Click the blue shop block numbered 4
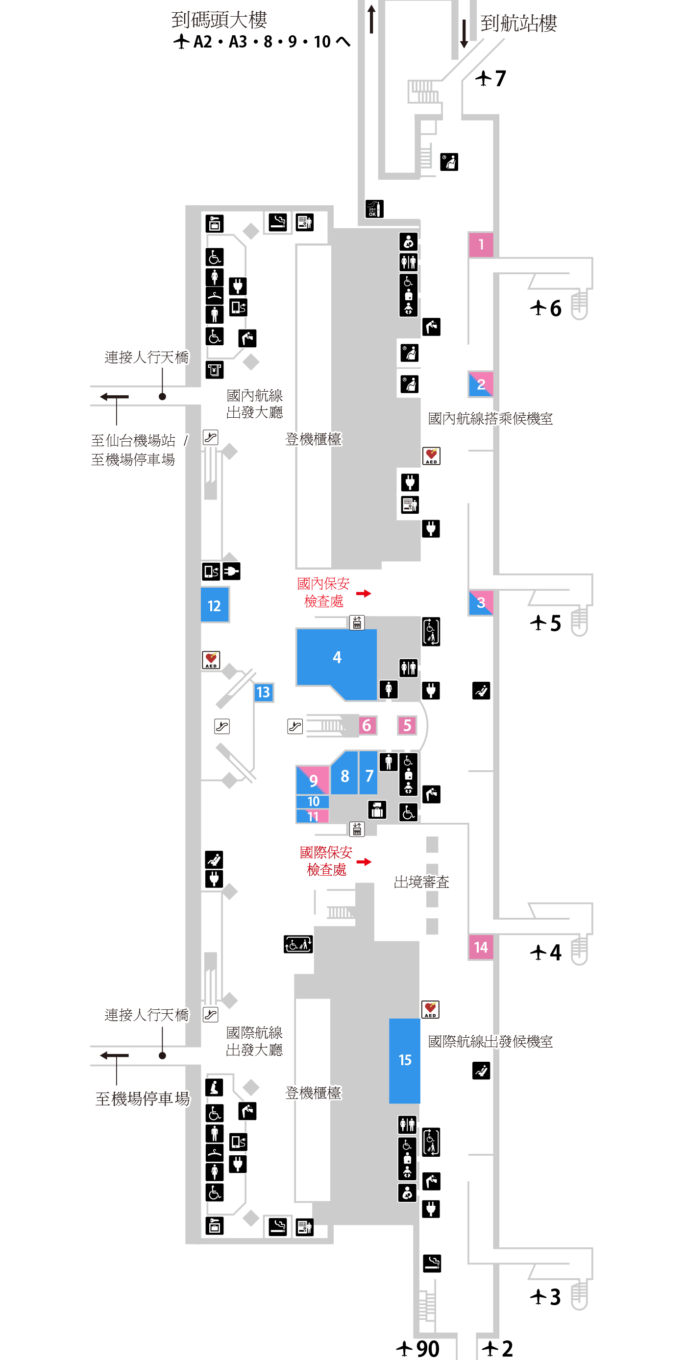(337, 658)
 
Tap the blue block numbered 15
(405, 1060)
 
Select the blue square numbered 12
(215, 605)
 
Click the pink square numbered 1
(481, 244)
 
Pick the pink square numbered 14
(481, 947)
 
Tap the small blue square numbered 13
(263, 692)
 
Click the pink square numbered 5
(407, 725)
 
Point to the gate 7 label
(491, 79)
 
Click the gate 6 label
(546, 309)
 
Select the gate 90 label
(418, 1349)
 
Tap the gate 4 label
(546, 953)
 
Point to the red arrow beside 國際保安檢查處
(364, 861)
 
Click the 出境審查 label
(421, 882)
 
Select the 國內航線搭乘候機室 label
(490, 419)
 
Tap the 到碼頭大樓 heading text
(219, 20)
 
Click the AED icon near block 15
(430, 1009)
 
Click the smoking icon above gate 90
(432, 1264)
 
